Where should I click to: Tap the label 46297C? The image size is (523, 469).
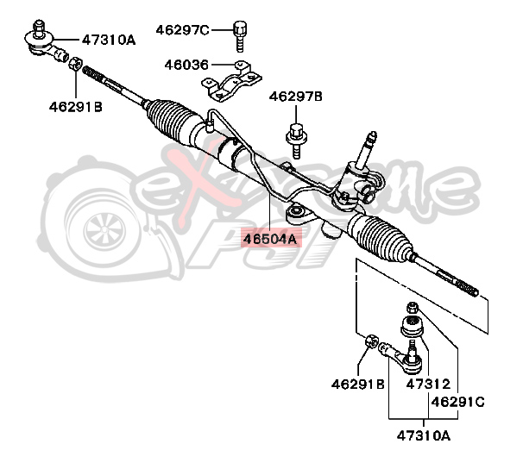pos(182,31)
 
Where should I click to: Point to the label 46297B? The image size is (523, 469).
pos(295,97)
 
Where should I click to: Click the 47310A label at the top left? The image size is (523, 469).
pos(110,39)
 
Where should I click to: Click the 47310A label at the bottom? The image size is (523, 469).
pos(423,435)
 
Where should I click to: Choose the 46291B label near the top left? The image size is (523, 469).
pos(75,107)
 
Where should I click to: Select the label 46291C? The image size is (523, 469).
pos(458,401)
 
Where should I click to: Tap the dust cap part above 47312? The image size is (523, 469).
pos(412,327)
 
